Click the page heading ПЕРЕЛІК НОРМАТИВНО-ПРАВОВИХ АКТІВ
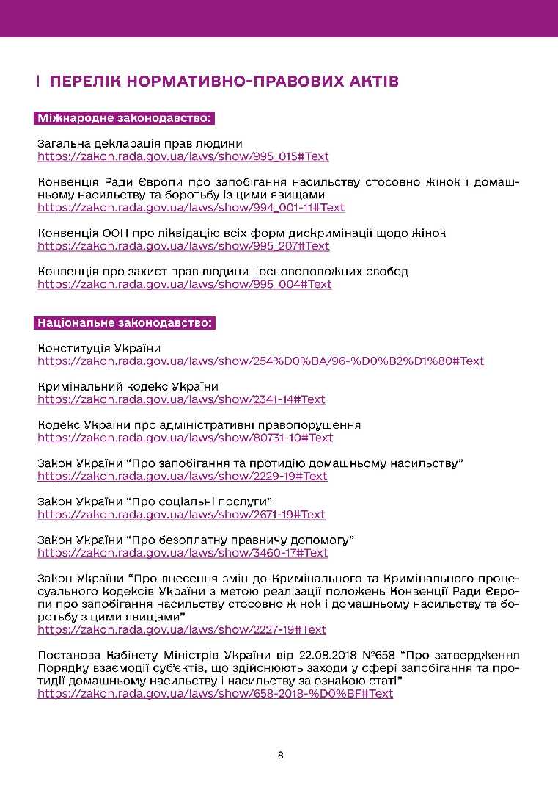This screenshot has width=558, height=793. (x=224, y=81)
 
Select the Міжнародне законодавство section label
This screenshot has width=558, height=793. (x=124, y=118)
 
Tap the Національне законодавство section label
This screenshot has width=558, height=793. (x=124, y=323)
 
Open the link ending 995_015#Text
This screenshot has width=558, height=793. (x=183, y=156)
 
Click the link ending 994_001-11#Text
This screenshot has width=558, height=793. (x=191, y=208)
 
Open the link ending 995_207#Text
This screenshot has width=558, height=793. (x=183, y=246)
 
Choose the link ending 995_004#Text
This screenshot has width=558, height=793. (x=185, y=284)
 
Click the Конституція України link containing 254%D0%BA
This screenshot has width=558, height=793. (x=260, y=361)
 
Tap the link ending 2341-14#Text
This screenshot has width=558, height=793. (x=181, y=399)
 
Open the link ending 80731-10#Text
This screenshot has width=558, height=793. (x=186, y=438)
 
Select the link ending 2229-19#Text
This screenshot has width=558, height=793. (x=183, y=476)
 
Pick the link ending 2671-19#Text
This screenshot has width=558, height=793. (x=181, y=514)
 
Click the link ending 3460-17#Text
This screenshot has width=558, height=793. (x=183, y=553)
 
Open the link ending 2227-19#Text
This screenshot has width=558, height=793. (x=182, y=629)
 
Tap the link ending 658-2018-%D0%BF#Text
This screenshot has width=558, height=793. (x=215, y=694)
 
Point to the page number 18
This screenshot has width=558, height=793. (x=279, y=755)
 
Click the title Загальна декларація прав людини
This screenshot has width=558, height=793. (x=140, y=143)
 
